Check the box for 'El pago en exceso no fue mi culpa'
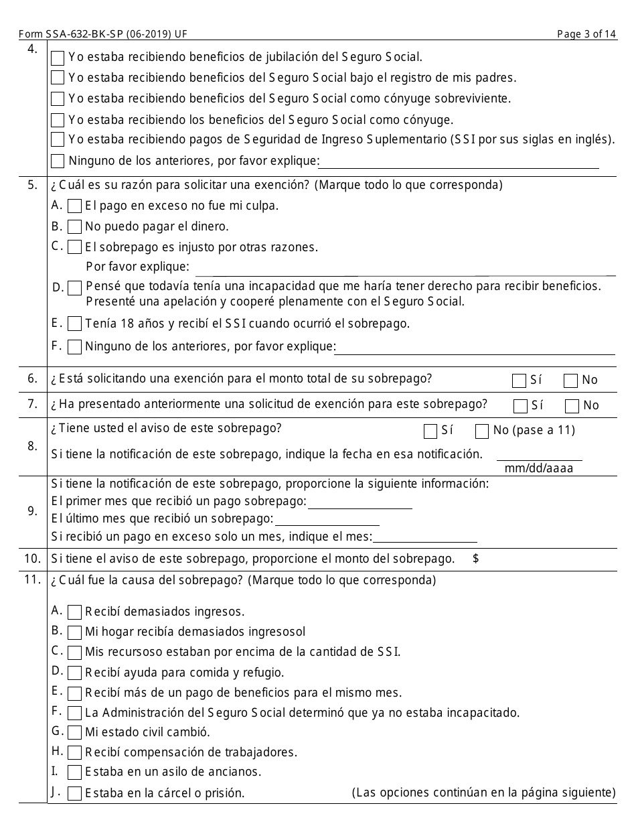[x=75, y=206]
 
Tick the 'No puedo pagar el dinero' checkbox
[x=75, y=227]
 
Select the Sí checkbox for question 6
[x=519, y=381]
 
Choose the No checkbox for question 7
[x=572, y=406]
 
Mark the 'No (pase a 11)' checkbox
[x=481, y=431]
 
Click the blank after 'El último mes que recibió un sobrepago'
[x=327, y=521]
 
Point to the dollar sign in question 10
[x=475, y=559]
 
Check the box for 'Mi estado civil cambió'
[x=75, y=732]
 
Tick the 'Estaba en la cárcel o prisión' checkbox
[x=75, y=794]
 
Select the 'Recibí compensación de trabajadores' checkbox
[x=75, y=753]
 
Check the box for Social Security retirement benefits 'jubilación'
[x=58, y=58]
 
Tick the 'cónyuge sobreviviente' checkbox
[x=58, y=99]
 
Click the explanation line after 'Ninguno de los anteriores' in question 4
[x=459, y=163]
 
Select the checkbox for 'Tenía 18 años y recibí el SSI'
[x=75, y=324]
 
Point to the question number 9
[x=33, y=511]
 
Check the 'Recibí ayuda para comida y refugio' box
[x=75, y=673]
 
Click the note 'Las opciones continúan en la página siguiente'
[x=483, y=793]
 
